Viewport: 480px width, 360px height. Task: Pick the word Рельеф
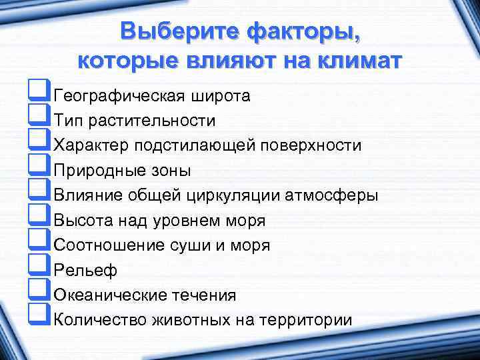85,270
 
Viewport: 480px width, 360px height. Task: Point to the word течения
204,295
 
